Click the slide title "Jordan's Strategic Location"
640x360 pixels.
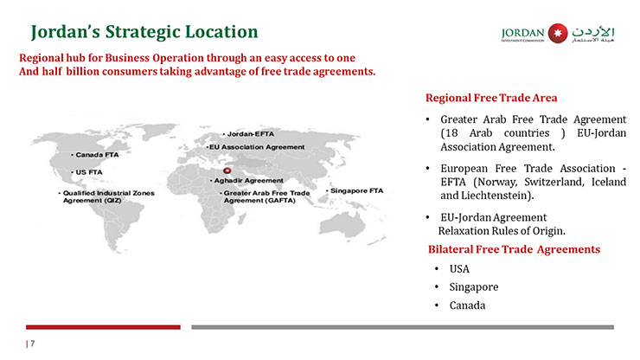pos(144,32)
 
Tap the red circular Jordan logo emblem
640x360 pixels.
pos(558,33)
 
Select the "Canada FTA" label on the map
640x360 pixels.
pos(95,155)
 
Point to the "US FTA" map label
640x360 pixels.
pos(87,172)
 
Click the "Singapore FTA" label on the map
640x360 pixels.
pos(355,191)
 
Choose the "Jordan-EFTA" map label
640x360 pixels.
pos(248,134)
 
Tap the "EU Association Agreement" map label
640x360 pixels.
pos(255,147)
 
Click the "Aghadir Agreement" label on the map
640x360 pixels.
pos(246,181)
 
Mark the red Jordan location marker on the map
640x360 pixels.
pos(227,170)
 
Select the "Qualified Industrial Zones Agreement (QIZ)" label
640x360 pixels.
pos(106,196)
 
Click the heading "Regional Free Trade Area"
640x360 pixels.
pos(491,98)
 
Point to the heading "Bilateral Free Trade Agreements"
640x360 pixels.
pos(515,250)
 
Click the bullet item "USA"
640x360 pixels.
pos(459,269)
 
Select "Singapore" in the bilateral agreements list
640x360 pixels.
pos(474,287)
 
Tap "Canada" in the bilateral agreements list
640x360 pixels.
pos(467,305)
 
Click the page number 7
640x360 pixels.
pos(33,344)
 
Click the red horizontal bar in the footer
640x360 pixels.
pos(103,327)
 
